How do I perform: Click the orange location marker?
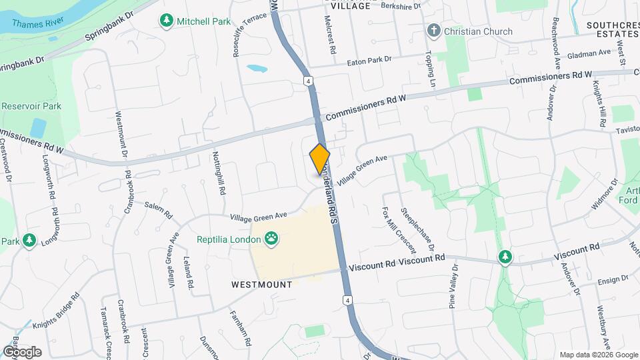tap(320, 159)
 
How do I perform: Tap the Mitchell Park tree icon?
tap(166, 21)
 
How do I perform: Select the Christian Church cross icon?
tap(433, 31)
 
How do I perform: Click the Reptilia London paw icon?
tap(271, 238)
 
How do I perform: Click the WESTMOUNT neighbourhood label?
tap(262, 285)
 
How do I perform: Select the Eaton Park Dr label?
tap(369, 60)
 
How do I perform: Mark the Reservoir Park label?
tap(31, 106)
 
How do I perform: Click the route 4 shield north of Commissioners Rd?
tap(308, 81)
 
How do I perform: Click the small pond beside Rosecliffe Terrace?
tap(256, 68)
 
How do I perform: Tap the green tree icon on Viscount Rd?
tap(505, 257)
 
